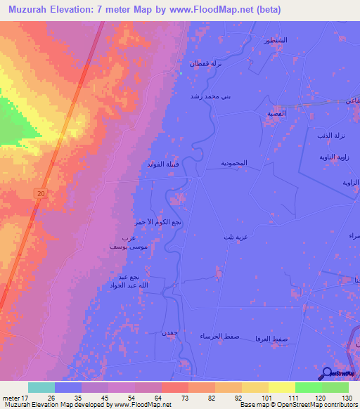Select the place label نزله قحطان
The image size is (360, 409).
(207, 63)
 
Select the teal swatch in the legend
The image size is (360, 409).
(41, 387)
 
